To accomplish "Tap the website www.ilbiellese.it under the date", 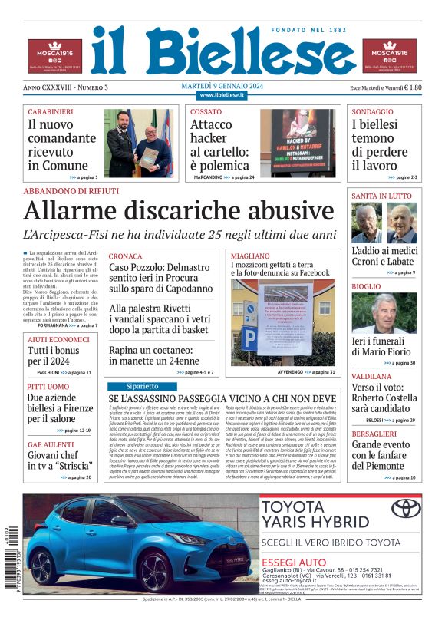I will pyautogui.click(x=222, y=94).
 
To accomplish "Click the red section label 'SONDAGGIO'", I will pyautogui.click(x=373, y=112).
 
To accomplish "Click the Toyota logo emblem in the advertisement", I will pyautogui.click(x=406, y=508).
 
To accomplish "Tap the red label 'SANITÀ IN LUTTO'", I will pyautogui.click(x=381, y=196).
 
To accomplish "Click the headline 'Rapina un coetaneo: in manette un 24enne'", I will pyautogui.click(x=160, y=355).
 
